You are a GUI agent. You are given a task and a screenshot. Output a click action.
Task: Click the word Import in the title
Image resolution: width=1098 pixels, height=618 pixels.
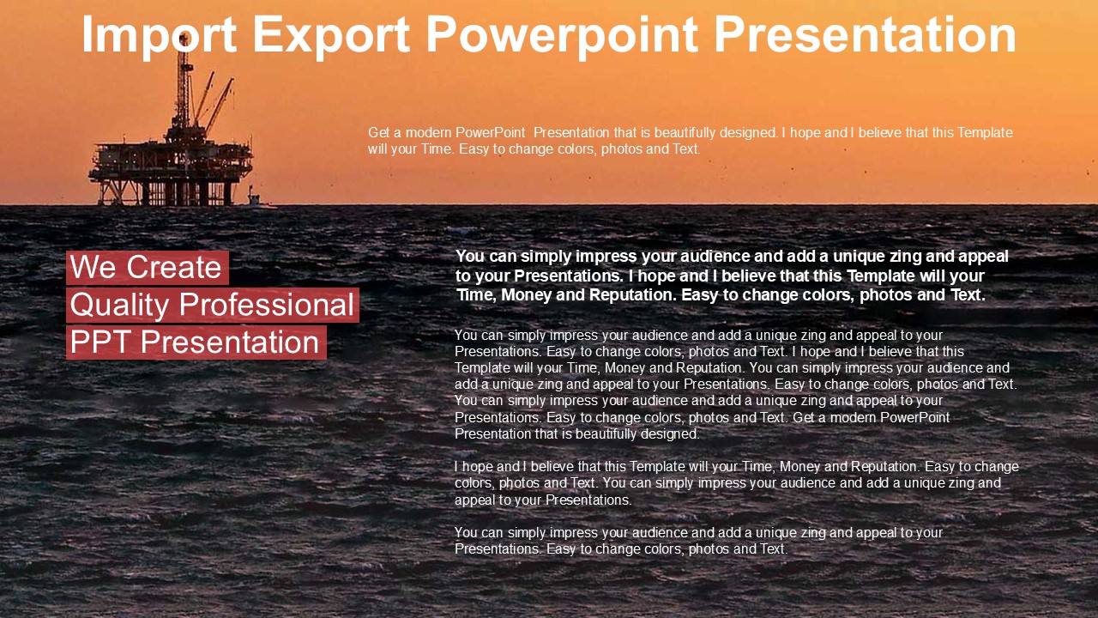pyautogui.click(x=159, y=35)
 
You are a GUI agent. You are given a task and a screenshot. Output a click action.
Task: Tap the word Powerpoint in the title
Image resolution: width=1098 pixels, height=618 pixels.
pyautogui.click(x=563, y=35)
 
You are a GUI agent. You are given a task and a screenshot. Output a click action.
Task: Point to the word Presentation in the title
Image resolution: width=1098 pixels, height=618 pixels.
pyautogui.click(x=865, y=35)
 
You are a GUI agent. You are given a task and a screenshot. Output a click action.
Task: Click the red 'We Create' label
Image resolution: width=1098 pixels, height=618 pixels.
pyautogui.click(x=147, y=268)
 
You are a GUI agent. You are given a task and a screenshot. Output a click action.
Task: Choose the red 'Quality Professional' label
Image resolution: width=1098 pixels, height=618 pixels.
pyautogui.click(x=212, y=306)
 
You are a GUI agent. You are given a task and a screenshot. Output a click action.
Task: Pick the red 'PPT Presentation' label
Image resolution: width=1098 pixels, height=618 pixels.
pyautogui.click(x=196, y=342)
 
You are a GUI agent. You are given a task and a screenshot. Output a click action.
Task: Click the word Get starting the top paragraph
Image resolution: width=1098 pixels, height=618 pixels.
pyautogui.click(x=379, y=133)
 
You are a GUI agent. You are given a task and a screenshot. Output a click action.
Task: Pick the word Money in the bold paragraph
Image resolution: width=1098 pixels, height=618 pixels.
pyautogui.click(x=524, y=295)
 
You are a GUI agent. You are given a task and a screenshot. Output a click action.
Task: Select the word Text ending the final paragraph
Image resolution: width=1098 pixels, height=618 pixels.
pyautogui.click(x=772, y=549)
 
